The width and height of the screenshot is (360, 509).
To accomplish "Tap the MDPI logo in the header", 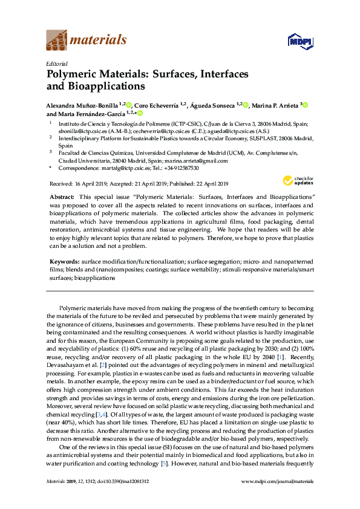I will click(x=297, y=41).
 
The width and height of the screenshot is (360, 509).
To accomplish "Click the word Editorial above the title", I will click(x=57, y=63).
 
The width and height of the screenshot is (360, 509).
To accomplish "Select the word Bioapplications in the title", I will click(x=100, y=86).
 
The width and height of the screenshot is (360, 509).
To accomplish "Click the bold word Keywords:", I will click(x=64, y=261).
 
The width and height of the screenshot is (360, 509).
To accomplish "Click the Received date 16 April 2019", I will click(x=85, y=183).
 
